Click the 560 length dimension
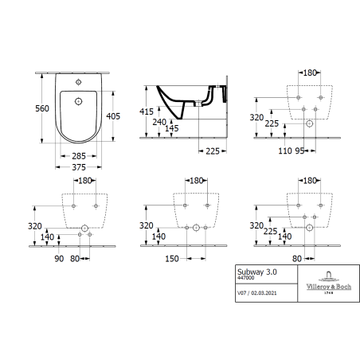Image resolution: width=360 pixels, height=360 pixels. tap(42, 108)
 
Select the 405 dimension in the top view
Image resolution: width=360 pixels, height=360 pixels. tap(113, 116)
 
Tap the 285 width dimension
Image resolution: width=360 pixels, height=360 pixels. tap(79, 156)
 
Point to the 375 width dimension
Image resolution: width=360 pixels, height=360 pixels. tap(79, 167)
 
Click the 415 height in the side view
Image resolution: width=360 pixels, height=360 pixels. tap(147, 112)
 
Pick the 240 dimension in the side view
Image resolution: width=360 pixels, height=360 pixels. tap(159, 122)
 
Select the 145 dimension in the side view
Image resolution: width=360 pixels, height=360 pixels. tap(172, 128)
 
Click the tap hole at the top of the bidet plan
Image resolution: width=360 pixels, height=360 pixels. tap(78, 82)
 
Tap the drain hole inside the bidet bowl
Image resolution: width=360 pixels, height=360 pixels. tap(78, 101)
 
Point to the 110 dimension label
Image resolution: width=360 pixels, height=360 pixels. tap(285, 151)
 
